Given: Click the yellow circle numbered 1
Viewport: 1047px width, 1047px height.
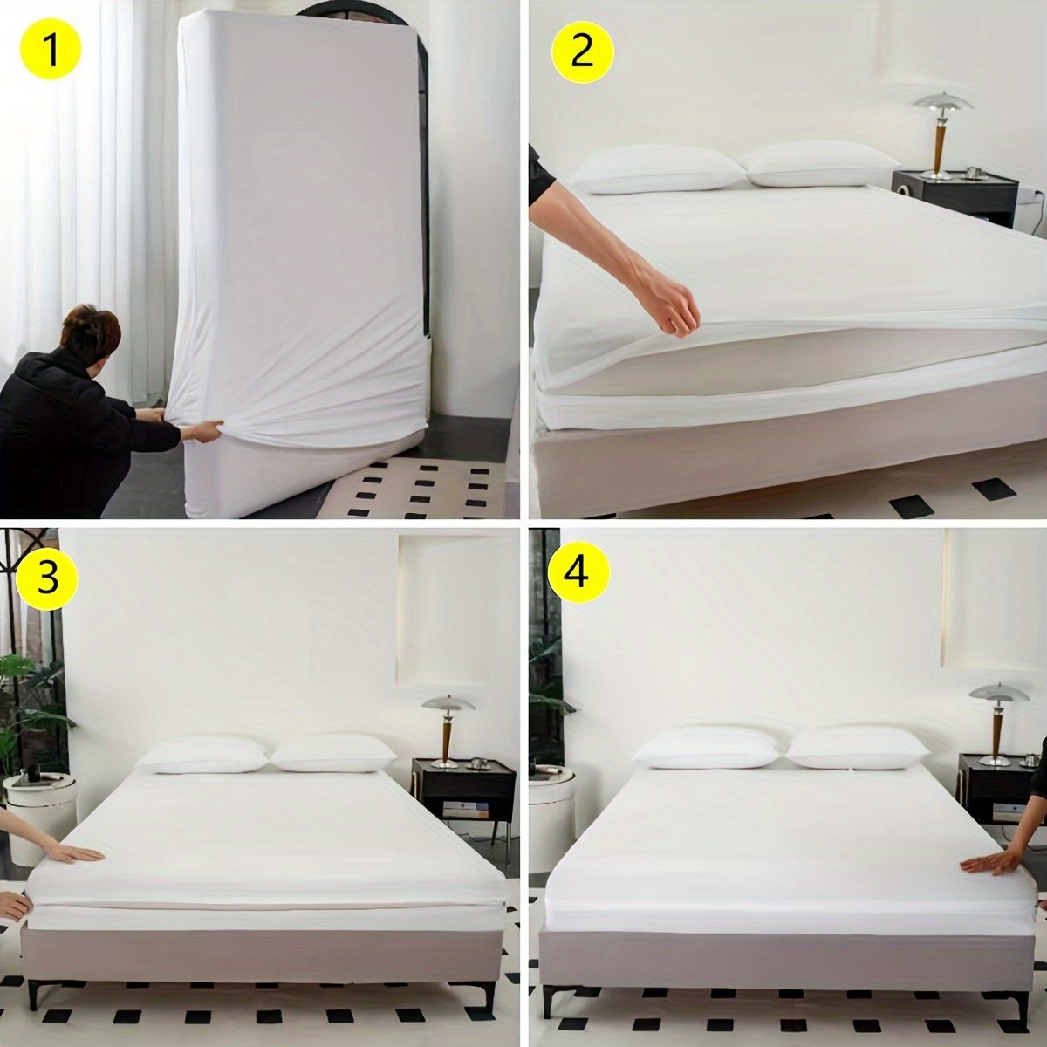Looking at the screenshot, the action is pos(51,51).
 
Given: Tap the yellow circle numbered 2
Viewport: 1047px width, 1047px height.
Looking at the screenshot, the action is pos(583,53).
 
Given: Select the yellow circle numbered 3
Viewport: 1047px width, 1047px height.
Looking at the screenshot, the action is pos(48,578).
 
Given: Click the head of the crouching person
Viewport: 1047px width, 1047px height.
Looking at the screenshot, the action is pos(91,333).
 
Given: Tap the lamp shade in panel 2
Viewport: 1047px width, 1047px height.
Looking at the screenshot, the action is pos(942,102).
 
